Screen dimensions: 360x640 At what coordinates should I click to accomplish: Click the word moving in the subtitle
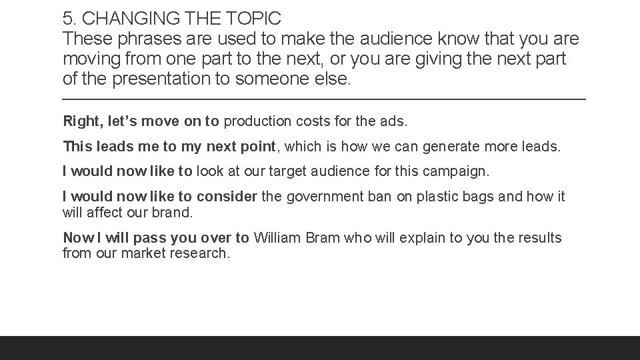coord(88,59)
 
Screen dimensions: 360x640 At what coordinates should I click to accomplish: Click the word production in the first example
coord(257,121)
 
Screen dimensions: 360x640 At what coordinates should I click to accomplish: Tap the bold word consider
coord(225,197)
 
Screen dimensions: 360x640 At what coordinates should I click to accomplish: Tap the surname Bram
coord(326,238)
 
